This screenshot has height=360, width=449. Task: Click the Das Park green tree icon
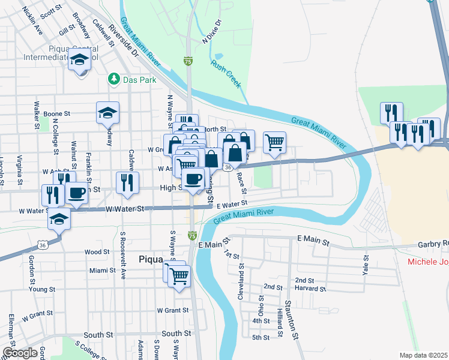112,79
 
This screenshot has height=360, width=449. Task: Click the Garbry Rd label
433,245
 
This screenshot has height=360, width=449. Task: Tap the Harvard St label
310,289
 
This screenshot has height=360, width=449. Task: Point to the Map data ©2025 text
423,355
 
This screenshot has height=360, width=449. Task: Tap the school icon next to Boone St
107,112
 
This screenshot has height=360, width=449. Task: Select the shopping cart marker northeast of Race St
274,142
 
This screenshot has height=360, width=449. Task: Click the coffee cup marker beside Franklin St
77,193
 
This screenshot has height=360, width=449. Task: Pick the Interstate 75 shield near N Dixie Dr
188,61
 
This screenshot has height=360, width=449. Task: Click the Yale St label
365,262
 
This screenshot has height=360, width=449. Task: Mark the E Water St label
232,205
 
